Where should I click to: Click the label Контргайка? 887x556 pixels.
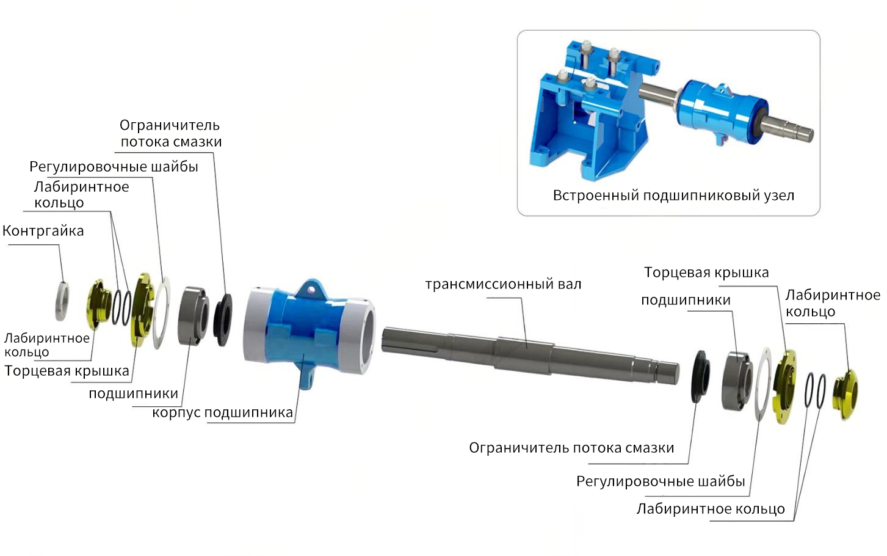click(x=43, y=230)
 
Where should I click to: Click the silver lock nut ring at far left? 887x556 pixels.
click(x=62, y=301)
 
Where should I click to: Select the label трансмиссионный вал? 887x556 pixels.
click(x=503, y=284)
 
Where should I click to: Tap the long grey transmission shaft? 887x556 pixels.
click(x=530, y=355)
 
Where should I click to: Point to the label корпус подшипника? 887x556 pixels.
click(x=223, y=412)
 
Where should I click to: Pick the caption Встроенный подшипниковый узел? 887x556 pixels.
click(x=673, y=196)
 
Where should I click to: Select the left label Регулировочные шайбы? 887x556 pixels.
click(x=114, y=167)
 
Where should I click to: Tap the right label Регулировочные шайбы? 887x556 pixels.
click(x=661, y=481)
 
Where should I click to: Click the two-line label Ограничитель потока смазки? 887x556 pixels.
click(x=171, y=134)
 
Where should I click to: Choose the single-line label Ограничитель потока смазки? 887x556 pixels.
click(x=571, y=448)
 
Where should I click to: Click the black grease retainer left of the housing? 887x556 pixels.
click(x=223, y=320)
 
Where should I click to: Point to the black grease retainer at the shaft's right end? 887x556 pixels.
click(x=700, y=376)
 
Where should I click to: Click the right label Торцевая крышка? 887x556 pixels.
click(x=706, y=273)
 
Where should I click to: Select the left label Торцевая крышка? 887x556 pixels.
click(x=67, y=371)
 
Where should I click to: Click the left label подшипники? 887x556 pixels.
click(x=134, y=393)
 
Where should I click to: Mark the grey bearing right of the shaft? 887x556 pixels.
click(x=737, y=381)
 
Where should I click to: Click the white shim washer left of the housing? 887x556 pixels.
click(x=162, y=313)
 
